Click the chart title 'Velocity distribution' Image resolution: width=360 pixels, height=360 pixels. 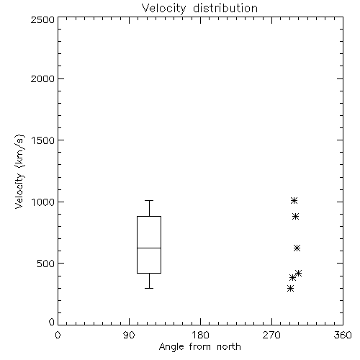click(199, 9)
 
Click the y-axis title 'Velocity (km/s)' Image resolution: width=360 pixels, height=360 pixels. click(19, 171)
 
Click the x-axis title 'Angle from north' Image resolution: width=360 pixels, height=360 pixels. click(199, 347)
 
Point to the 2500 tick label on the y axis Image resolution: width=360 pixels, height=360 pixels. click(42, 19)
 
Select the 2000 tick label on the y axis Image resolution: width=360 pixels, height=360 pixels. click(42, 78)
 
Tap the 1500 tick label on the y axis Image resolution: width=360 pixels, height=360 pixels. click(43, 140)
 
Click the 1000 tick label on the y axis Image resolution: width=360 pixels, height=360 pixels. click(43, 202)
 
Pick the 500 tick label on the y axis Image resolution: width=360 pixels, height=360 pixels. click(46, 264)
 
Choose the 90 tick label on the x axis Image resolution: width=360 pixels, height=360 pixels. click(129, 335)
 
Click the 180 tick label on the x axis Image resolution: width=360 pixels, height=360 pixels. click(200, 335)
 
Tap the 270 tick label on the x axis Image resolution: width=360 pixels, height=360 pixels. click(271, 335)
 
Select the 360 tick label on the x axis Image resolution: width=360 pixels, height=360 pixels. click(343, 335)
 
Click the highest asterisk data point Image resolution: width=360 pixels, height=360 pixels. click(294, 200)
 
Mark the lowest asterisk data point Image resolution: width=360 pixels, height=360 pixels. click(290, 288)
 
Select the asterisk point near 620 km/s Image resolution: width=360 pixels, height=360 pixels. click(297, 248)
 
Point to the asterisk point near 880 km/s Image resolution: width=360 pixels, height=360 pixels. click(295, 216)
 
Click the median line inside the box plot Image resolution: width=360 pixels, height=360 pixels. click(149, 248)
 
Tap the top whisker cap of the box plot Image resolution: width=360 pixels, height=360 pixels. click(149, 200)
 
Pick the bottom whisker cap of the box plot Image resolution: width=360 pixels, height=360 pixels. click(149, 288)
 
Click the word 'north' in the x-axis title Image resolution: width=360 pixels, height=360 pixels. click(229, 347)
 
